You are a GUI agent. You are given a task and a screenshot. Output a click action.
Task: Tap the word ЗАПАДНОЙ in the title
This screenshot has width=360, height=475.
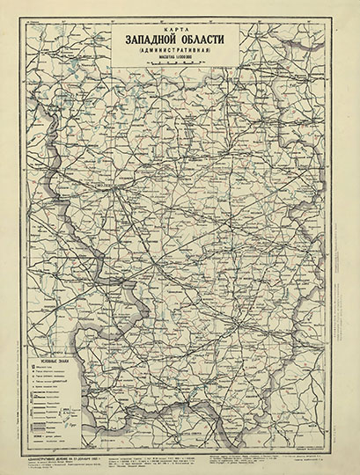[145, 40]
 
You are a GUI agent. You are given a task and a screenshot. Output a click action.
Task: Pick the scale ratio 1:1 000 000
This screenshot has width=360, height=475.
[183, 62]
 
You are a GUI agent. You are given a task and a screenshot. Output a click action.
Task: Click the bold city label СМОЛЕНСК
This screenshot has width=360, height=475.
[104, 188]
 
